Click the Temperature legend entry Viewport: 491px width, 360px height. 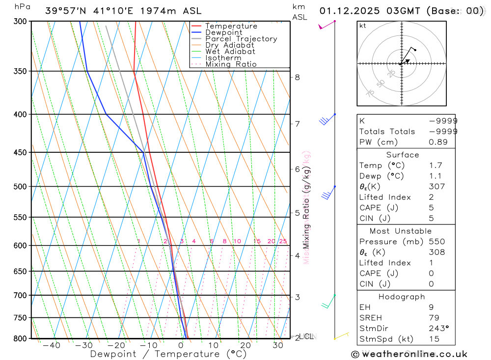coord(231,26)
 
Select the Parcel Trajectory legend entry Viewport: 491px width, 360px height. coord(241,39)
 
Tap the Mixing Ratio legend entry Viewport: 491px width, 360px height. coord(231,64)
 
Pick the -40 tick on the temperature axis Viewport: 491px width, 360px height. coord(51,346)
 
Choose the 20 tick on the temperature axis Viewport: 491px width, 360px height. coord(245,346)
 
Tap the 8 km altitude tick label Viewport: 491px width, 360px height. coord(297,77)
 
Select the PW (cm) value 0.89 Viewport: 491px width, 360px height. coord(438,142)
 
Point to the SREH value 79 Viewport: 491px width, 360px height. coord(434,318)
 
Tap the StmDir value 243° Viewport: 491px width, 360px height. coord(438,328)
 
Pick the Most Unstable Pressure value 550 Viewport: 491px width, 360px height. coord(436,242)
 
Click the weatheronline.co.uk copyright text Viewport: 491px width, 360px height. coord(409,354)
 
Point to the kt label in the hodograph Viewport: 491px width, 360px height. coord(363,26)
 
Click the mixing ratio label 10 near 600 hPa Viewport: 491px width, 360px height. coord(237,241)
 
